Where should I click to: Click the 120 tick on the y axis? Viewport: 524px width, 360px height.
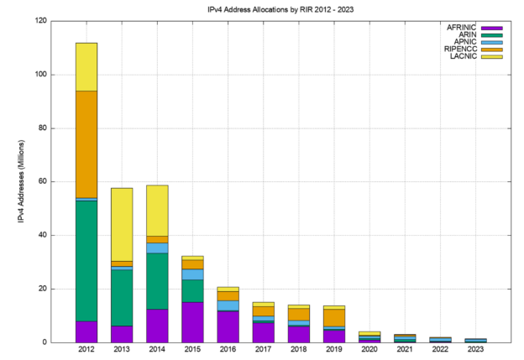(40, 21)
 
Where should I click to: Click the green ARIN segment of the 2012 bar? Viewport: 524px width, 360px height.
(86, 260)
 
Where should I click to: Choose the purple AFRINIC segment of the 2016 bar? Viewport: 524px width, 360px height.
(228, 326)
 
